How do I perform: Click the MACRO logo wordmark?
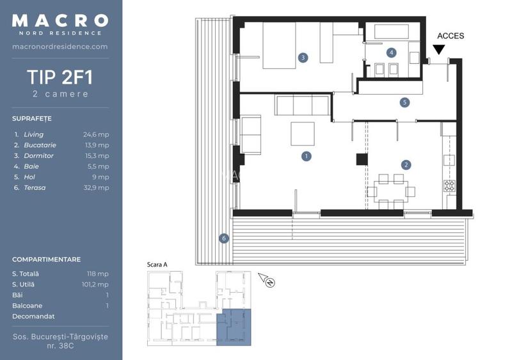coord(60,20)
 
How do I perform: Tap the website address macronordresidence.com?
coord(60,47)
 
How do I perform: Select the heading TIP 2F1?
coord(60,77)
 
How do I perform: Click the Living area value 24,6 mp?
coord(96,134)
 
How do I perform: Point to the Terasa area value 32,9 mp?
coord(96,187)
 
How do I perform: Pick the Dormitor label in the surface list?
coord(38,155)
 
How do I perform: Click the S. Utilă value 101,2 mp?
coord(95,284)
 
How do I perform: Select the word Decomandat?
coord(33,316)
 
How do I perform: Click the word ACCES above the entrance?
coord(450,36)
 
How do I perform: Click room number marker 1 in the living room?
coord(307,155)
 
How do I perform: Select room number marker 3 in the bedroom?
coord(303,58)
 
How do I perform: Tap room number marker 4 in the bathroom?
coord(391,52)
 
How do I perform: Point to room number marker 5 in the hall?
coord(404,102)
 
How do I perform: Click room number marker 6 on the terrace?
coord(223,239)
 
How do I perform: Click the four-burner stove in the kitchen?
coord(449,186)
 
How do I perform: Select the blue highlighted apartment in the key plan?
coord(234,326)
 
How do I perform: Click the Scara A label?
coord(157,264)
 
